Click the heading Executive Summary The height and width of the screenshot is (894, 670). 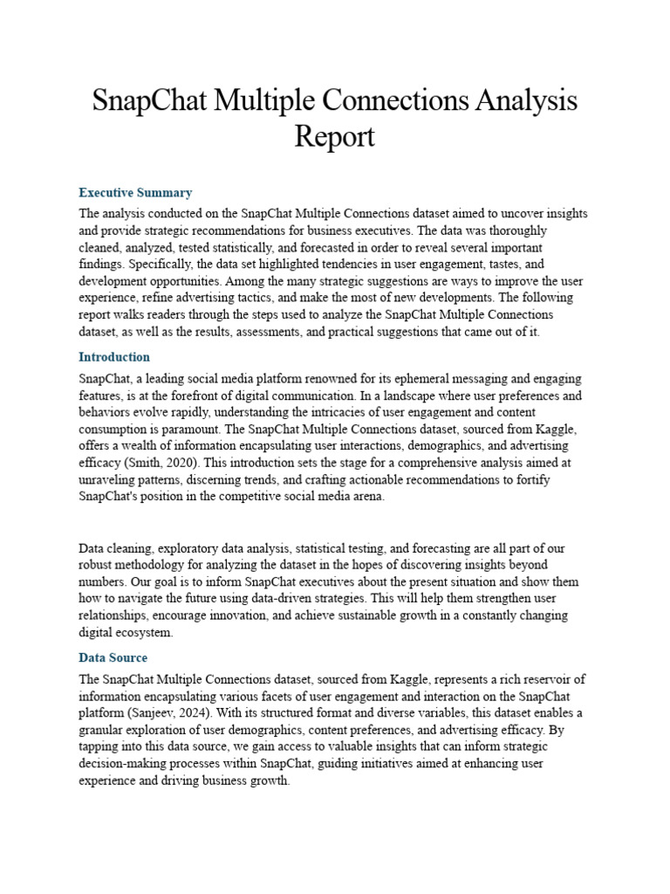click(135, 192)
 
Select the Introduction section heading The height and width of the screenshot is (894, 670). click(114, 357)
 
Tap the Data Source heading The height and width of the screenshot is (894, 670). click(113, 657)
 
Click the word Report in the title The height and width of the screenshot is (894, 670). click(335, 136)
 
